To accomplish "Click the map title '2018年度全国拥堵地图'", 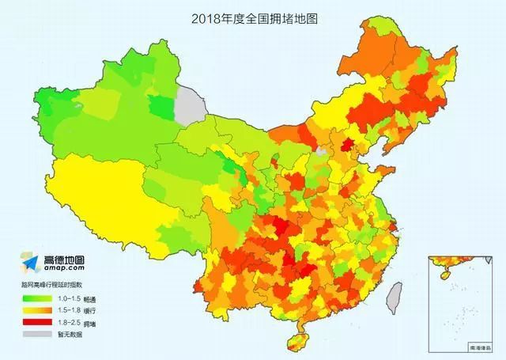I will [x=253, y=17].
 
